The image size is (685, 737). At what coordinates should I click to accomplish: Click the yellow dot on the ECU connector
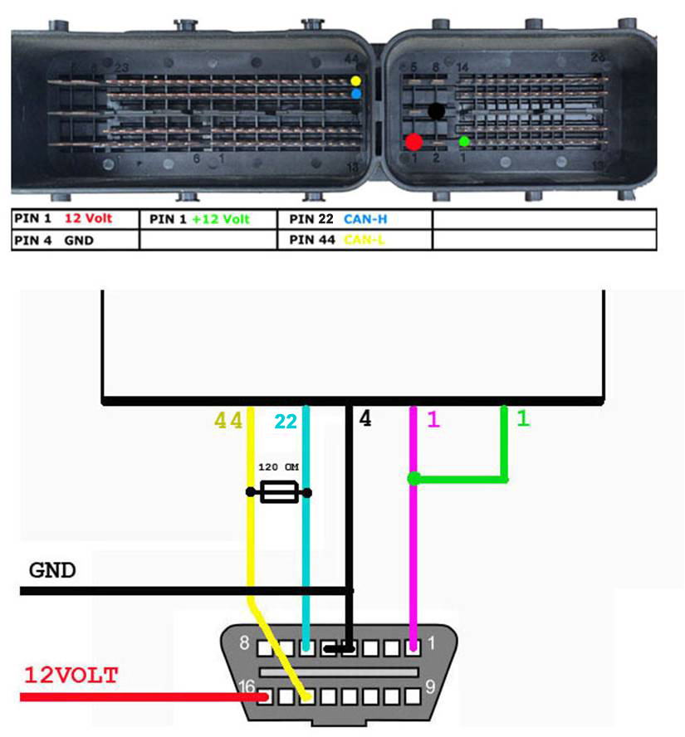356,81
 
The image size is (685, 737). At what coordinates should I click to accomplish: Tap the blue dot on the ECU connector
356,95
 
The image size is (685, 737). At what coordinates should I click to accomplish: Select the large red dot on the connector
413,141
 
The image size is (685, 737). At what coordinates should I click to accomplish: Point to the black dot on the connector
435,110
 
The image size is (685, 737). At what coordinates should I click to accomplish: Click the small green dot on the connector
464,141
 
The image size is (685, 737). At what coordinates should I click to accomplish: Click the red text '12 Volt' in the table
86,219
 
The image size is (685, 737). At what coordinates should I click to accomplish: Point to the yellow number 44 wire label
228,421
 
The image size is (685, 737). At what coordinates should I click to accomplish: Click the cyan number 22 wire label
286,422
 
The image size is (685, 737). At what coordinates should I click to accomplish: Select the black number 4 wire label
365,419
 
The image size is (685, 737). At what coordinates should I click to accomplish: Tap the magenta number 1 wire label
432,420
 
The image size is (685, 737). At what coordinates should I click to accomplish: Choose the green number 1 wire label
522,419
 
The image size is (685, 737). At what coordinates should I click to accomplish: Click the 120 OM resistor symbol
278,493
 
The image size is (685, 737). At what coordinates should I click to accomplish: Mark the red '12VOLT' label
71,676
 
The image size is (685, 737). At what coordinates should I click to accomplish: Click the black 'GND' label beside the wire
52,571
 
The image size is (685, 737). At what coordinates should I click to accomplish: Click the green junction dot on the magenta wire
413,478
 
